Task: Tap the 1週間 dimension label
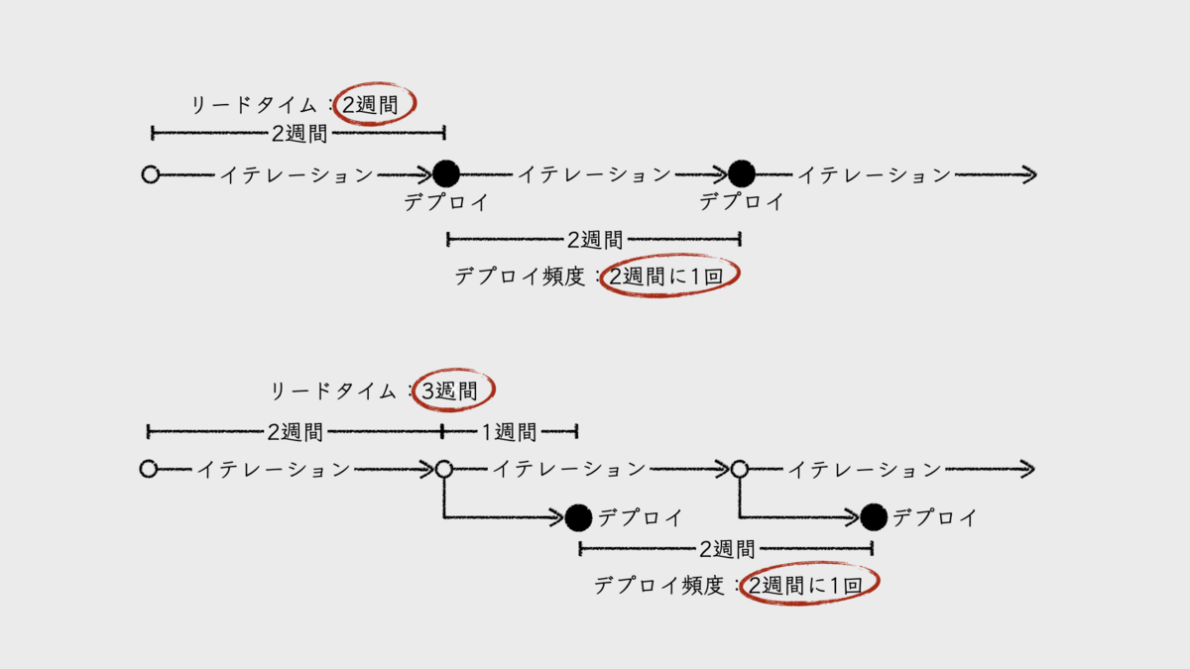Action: (509, 432)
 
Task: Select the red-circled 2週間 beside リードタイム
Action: (375, 103)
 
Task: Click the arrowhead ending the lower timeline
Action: (1028, 469)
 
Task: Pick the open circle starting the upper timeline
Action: (151, 174)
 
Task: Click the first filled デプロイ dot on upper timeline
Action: (446, 174)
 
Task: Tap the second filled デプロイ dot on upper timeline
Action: (742, 174)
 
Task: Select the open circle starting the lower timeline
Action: (149, 469)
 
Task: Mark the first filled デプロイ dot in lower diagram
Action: (579, 516)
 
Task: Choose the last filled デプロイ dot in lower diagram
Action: (874, 516)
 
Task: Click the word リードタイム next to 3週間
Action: (333, 391)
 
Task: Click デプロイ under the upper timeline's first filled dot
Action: (446, 202)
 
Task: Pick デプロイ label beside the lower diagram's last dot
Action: (934, 517)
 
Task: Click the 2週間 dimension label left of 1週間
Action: (295, 432)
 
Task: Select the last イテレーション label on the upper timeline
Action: (875, 175)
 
